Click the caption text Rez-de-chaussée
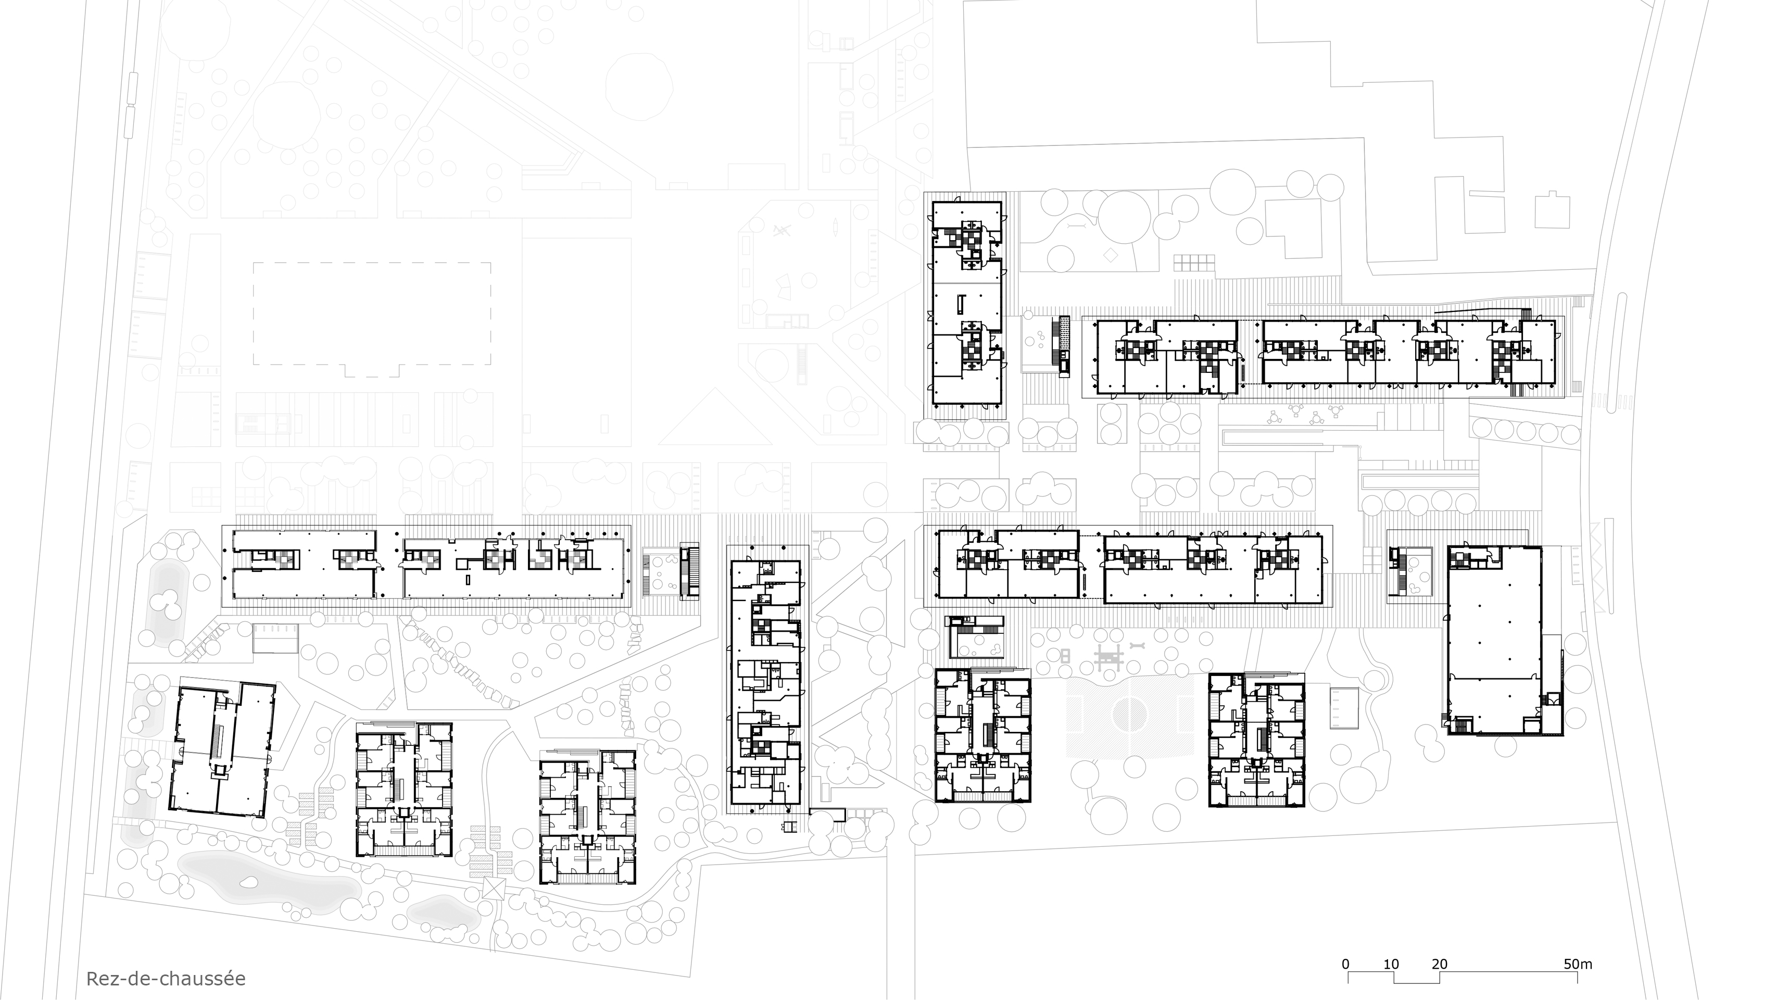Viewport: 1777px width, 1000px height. pyautogui.click(x=166, y=979)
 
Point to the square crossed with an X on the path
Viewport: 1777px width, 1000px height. pyautogui.click(x=494, y=888)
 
